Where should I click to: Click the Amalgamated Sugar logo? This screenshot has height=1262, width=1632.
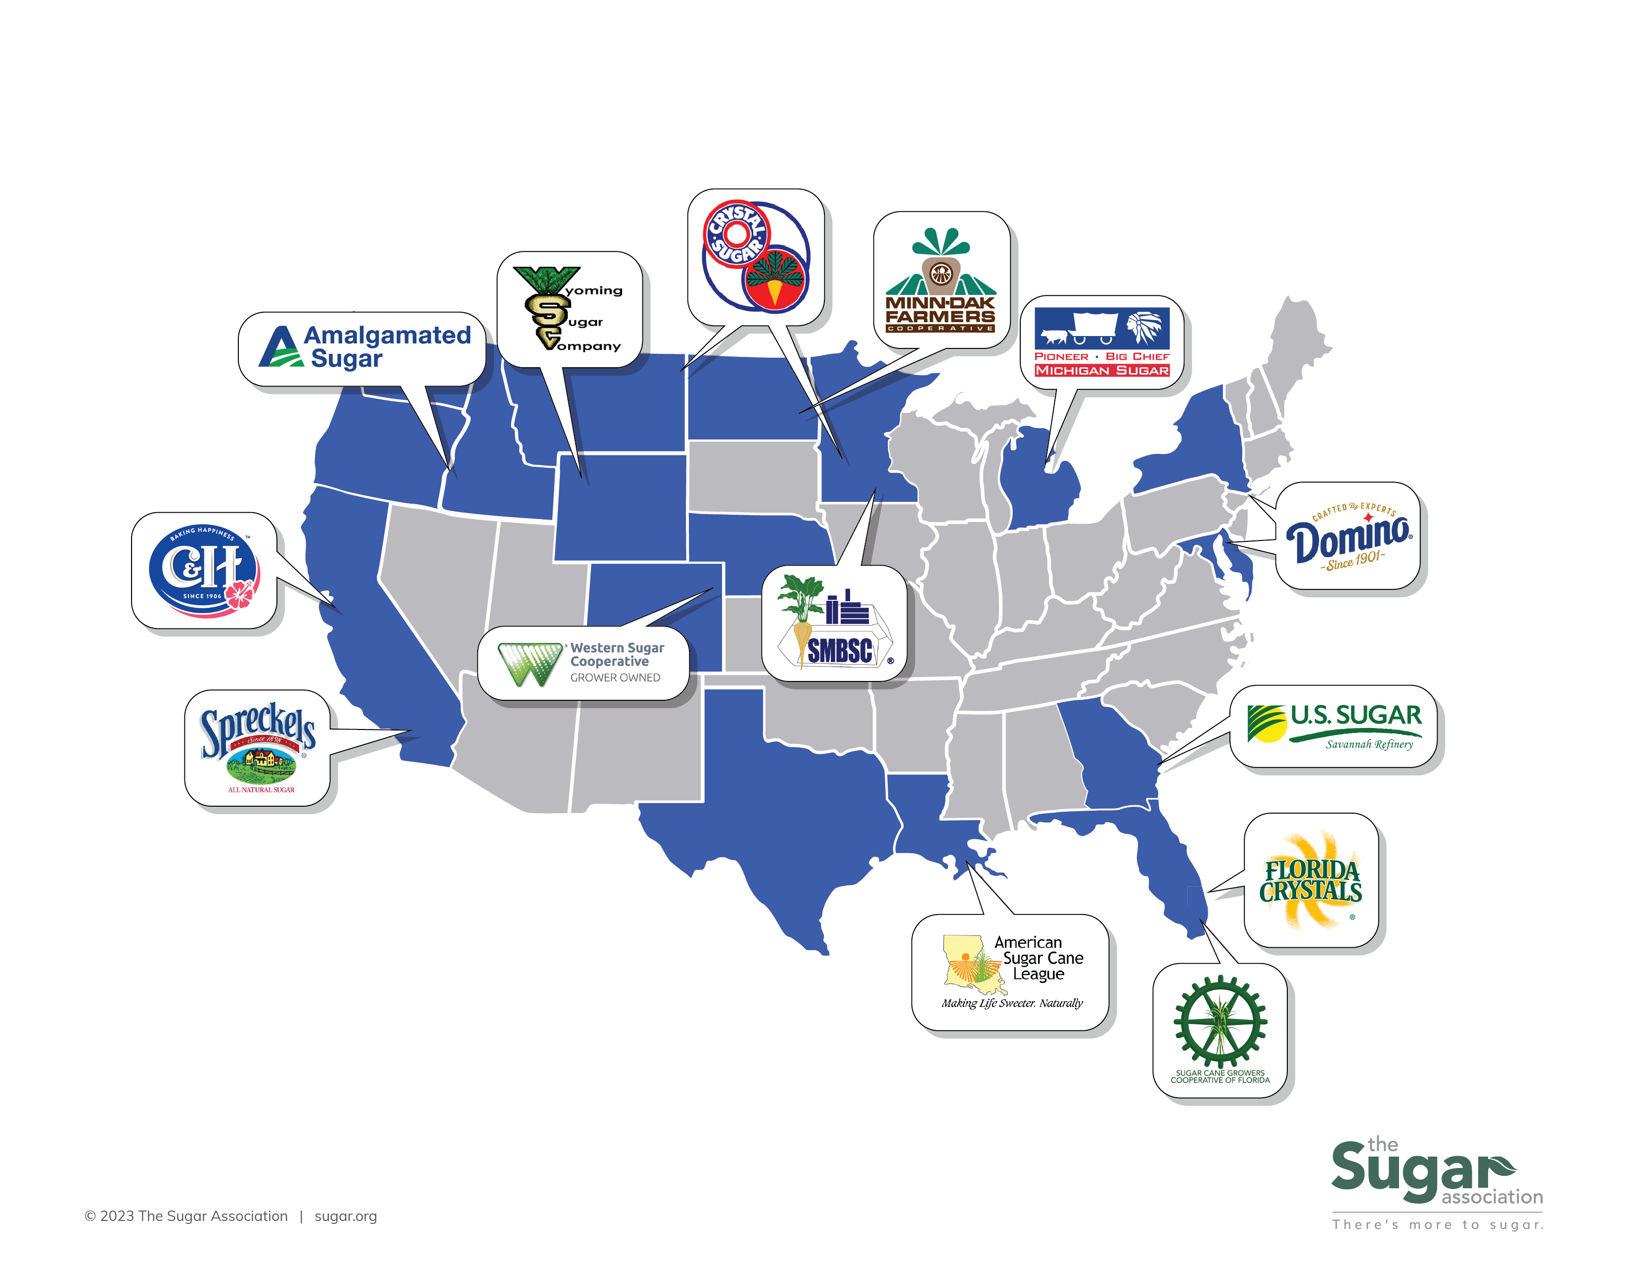(x=364, y=347)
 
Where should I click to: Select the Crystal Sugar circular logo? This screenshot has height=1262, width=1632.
(x=756, y=256)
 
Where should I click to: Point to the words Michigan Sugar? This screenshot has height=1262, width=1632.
(x=1101, y=371)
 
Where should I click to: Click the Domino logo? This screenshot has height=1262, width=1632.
(x=1348, y=537)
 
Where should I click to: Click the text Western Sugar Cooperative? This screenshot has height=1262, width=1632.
(x=617, y=654)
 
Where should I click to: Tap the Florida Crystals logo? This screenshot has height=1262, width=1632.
(x=1311, y=881)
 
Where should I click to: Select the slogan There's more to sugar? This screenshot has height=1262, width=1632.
(x=1437, y=1224)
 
